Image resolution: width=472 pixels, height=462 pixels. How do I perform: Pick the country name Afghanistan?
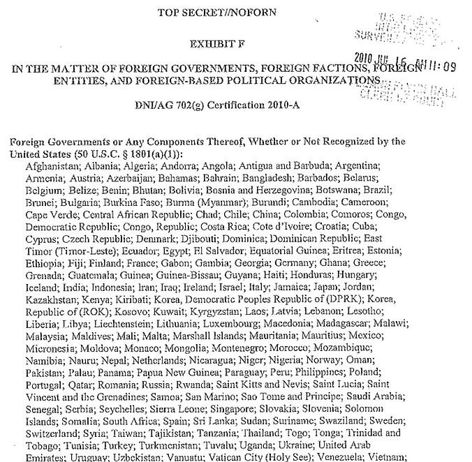(50, 166)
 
